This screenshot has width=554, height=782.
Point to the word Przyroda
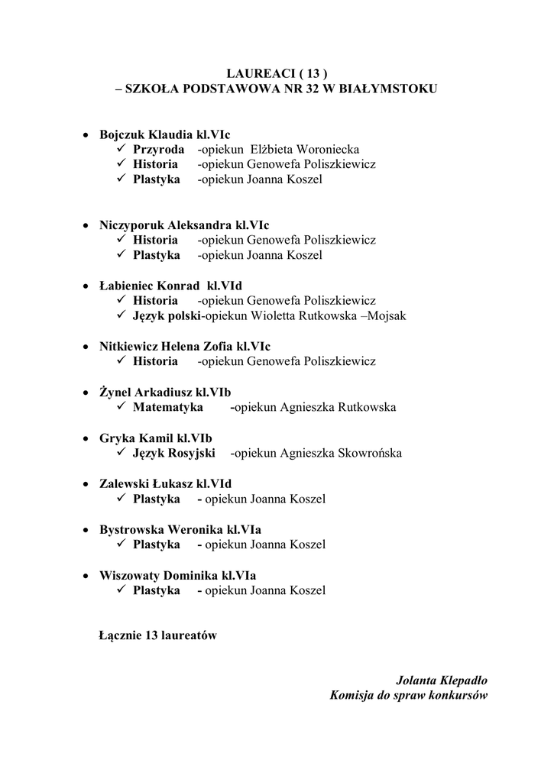pos(159,150)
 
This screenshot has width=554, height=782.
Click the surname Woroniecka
pos(327,150)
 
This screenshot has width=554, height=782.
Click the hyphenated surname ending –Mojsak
pos(384,315)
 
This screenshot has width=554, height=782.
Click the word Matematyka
pos(168,407)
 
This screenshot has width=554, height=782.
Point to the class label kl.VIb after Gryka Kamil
pos(195,438)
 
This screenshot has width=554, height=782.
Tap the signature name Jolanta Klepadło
pos(442,680)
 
